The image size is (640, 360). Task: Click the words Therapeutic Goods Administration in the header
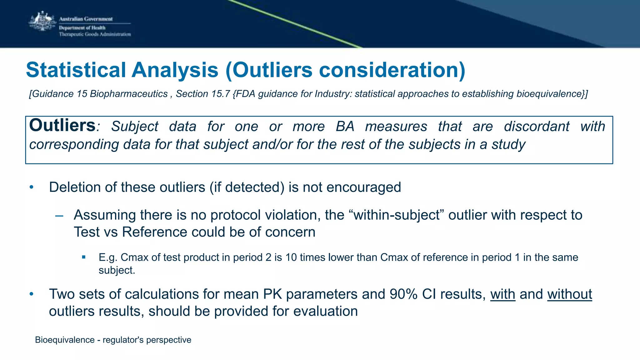pos(95,34)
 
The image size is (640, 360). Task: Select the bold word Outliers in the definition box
pos(62,126)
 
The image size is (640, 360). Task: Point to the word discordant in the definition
pos(536,127)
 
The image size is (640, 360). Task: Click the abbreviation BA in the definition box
pos(345,127)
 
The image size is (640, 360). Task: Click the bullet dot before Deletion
pos(31,187)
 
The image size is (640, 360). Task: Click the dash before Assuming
pos(59,216)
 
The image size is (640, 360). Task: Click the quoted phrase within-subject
pos(397,215)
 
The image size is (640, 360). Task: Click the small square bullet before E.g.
pos(84,257)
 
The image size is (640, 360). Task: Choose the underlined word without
pos(569,294)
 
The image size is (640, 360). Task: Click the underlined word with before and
pos(502,294)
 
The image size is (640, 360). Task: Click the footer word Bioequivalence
pos(65,340)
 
